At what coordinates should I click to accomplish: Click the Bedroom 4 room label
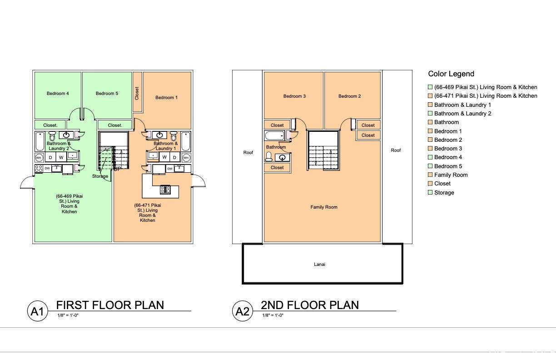[58, 94]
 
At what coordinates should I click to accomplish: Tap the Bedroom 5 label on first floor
[107, 94]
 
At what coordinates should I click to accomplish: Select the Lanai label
[319, 265]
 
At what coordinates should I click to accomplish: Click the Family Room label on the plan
[324, 207]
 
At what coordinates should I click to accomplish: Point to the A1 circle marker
[37, 311]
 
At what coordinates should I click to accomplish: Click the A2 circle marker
[242, 311]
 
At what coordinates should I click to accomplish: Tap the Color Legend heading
[451, 74]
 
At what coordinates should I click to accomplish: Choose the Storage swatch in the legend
[430, 192]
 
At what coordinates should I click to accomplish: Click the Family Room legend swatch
[430, 175]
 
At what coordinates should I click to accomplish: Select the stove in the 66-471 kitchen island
[165, 190]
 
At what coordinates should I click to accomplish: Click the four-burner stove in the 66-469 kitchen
[39, 169]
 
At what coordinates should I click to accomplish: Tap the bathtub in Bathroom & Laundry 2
[40, 141]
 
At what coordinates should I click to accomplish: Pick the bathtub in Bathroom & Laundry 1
[186, 141]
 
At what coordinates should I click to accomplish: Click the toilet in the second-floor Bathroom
[269, 156]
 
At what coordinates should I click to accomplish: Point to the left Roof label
[248, 153]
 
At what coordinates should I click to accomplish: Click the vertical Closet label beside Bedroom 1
[137, 93]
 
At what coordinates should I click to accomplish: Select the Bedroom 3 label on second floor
[295, 96]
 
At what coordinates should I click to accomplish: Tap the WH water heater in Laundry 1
[186, 158]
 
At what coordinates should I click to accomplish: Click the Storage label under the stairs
[100, 176]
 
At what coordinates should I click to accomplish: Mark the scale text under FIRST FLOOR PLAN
[68, 315]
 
